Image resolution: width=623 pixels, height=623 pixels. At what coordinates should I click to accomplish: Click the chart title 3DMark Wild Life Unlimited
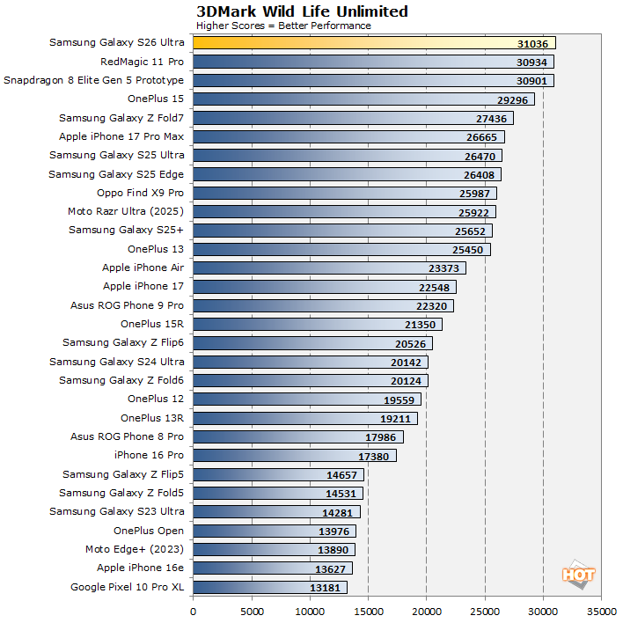pyautogui.click(x=302, y=11)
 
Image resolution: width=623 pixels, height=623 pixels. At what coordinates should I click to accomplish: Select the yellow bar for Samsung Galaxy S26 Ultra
pyautogui.click(x=374, y=43)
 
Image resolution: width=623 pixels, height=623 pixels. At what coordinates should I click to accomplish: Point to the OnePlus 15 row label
pyautogui.click(x=156, y=99)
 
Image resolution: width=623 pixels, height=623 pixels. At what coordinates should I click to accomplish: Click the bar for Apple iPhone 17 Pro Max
pyautogui.click(x=348, y=136)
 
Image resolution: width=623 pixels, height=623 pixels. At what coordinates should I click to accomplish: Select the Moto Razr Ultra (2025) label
pyautogui.click(x=126, y=211)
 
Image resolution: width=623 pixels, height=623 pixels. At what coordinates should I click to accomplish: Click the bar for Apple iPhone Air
pyautogui.click(x=329, y=268)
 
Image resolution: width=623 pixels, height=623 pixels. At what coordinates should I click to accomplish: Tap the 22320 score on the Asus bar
pyautogui.click(x=457, y=305)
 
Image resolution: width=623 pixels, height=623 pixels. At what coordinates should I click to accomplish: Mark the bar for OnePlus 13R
pyautogui.click(x=304, y=418)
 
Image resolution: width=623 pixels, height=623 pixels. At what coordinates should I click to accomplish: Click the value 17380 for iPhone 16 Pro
pyautogui.click(x=376, y=456)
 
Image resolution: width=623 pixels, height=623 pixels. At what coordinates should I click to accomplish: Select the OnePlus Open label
pyautogui.click(x=149, y=531)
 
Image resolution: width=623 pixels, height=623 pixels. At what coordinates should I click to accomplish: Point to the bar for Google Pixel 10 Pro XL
pyautogui.click(x=269, y=587)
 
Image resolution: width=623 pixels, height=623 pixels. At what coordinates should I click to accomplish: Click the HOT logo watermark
pyautogui.click(x=579, y=574)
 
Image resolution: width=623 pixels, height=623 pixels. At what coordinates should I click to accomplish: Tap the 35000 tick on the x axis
pyautogui.click(x=601, y=608)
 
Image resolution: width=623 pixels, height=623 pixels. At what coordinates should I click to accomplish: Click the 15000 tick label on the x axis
pyautogui.click(x=368, y=608)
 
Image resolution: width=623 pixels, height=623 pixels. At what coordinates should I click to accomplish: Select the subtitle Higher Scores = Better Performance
pyautogui.click(x=283, y=26)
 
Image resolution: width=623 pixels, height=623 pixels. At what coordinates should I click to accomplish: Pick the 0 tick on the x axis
pyautogui.click(x=193, y=608)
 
